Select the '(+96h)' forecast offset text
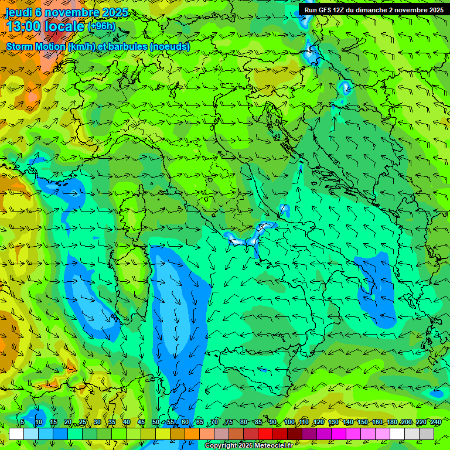(101, 26)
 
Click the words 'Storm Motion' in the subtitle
(35, 46)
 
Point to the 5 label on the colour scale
(22, 422)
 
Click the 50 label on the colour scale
(156, 422)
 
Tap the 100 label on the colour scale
(289, 422)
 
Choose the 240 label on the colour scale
(435, 422)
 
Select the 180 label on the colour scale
(391, 422)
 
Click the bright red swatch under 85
(265, 434)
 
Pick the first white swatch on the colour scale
(16, 434)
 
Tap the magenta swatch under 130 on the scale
(339, 434)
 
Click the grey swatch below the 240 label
(427, 434)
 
